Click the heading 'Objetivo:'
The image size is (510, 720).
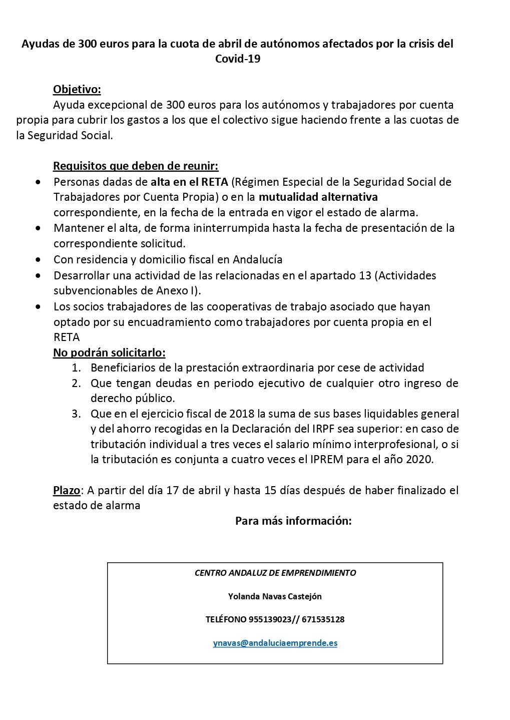[x=77, y=90]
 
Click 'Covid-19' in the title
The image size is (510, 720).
[x=238, y=59]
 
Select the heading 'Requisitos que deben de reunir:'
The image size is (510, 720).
[x=136, y=166]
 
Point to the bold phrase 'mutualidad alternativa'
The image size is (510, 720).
[x=318, y=196]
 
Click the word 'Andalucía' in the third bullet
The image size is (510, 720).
[x=258, y=259]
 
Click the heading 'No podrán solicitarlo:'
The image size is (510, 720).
[x=109, y=352]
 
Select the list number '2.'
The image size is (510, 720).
[x=76, y=384]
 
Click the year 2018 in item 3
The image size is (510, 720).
[x=242, y=414]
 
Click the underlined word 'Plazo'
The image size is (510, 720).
[x=67, y=490]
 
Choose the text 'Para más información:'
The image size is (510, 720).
[x=293, y=521]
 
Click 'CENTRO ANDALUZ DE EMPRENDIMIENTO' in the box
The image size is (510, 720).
[x=275, y=573]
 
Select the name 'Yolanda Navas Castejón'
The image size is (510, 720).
[x=275, y=596]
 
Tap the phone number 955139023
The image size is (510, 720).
[x=270, y=619]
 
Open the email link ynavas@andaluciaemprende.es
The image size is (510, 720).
[x=275, y=643]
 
